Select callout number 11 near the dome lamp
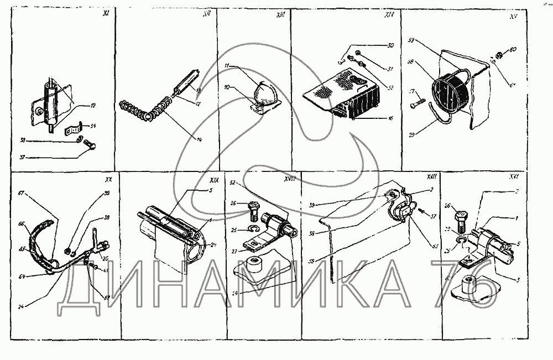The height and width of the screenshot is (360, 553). tap(227, 66)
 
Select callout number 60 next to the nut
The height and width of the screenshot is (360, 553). tap(513, 50)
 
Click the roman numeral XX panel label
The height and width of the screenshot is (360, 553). tap(108, 180)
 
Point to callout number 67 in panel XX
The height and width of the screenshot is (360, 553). tap(22, 193)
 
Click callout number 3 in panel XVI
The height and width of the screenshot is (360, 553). tap(518, 281)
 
